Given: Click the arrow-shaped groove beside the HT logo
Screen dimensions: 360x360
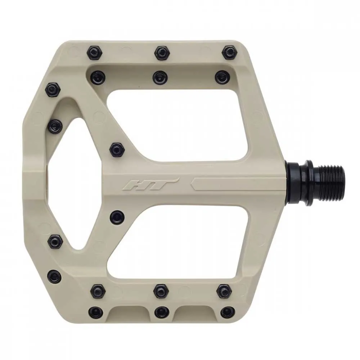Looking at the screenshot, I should (230, 183).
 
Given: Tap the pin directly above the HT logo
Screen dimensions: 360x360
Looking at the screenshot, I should (116, 148).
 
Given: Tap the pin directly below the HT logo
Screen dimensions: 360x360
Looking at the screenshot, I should (117, 217).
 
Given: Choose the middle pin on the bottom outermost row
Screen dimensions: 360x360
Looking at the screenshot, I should (161, 312).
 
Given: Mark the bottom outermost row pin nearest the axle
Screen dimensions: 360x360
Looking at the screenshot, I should (227, 312).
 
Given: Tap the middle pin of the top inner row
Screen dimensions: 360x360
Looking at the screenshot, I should (159, 77).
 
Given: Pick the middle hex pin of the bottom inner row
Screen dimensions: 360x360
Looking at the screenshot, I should (160, 290).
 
